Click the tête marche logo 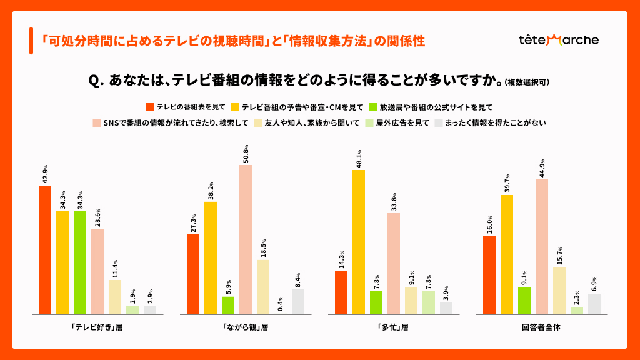coord(558,40)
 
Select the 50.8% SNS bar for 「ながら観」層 coord(246,239)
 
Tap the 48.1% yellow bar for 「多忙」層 coord(359,242)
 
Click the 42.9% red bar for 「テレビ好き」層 coord(45,249)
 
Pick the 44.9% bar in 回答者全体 coord(542,246)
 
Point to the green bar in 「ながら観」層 coord(228,305)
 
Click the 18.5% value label coord(263,247)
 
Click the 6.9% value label coord(594,284)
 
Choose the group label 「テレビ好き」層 coord(97,327)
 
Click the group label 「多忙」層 coord(394,327)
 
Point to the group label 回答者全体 coord(542,327)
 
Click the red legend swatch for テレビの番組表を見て coord(150,107)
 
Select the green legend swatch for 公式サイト coord(374,107)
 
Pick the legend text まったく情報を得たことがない coord(496,123)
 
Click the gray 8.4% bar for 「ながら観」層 coord(298,301)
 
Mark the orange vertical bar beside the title coord(31,41)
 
